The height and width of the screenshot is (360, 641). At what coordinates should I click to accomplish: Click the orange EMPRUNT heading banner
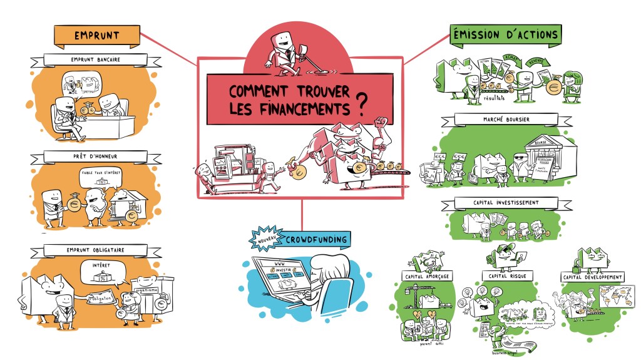[96, 36]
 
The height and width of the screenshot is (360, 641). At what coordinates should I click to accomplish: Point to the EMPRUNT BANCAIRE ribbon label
[96, 60]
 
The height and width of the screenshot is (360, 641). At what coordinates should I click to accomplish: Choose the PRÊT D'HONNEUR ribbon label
[96, 156]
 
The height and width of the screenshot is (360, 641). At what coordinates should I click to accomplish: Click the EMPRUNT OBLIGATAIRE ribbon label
[95, 250]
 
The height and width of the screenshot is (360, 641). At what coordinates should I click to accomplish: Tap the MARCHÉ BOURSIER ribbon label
[506, 119]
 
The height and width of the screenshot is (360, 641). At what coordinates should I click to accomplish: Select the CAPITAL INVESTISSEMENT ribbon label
[506, 203]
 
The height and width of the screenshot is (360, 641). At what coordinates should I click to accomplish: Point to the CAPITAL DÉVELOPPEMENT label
[593, 277]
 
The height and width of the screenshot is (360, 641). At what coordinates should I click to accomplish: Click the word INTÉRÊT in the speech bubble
[103, 265]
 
